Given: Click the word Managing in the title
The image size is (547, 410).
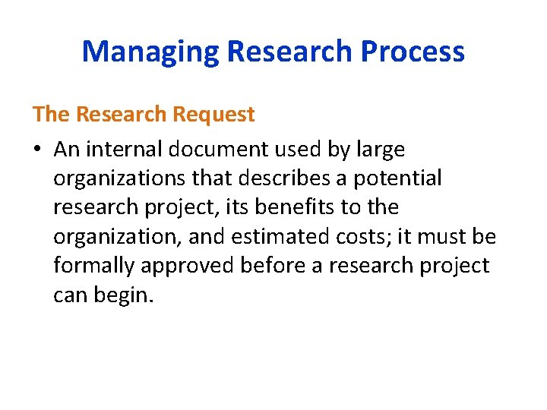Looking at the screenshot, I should tap(150, 52).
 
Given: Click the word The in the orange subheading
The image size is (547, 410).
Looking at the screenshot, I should tap(50, 115).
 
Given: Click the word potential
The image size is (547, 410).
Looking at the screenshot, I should tap(397, 179).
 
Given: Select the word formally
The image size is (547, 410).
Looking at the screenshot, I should tap(97, 266).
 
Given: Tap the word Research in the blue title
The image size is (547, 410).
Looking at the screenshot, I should tap(289, 52).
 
